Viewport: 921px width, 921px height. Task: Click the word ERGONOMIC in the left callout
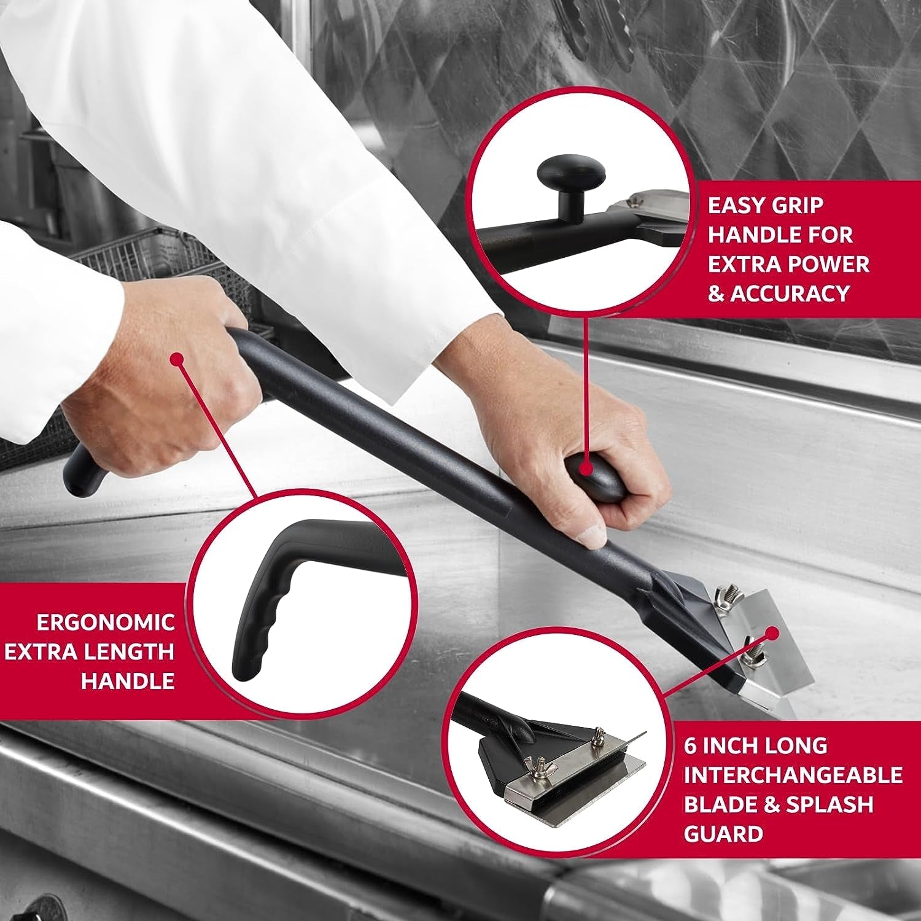click(x=106, y=622)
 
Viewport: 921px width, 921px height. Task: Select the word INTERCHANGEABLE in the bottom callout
click(x=793, y=775)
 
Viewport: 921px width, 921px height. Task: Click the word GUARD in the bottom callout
click(x=723, y=834)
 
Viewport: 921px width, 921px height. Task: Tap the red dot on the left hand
click(x=177, y=358)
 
